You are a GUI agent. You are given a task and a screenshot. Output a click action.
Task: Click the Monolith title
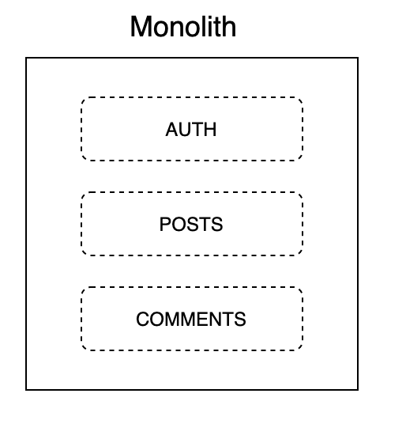183,27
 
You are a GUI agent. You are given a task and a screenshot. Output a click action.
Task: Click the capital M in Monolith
141,27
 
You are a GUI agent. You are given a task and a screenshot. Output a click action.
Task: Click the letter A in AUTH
171,129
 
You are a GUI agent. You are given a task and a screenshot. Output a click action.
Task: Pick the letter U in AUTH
185,129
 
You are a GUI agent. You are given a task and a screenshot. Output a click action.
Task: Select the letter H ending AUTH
210,129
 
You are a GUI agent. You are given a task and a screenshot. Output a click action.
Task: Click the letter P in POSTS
165,224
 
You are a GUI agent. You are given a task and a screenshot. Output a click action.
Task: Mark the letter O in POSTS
179,224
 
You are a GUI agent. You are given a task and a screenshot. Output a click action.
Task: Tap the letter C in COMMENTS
142,319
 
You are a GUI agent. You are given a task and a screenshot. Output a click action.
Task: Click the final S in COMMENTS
240,319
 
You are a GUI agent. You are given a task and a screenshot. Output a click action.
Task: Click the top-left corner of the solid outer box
26,58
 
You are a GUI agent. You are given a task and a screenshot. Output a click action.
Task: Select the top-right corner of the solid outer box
358,58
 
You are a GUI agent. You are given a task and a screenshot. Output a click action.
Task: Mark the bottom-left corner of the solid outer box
26,390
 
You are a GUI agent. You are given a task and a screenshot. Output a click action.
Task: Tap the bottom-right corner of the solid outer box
358,390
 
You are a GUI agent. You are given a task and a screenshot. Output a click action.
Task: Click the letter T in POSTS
205,224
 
